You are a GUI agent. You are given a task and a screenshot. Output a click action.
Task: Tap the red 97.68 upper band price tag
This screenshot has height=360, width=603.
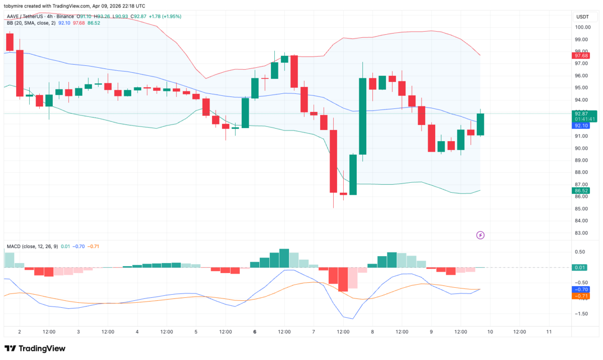581,56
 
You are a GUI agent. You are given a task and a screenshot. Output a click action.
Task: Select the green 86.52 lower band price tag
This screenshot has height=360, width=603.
581,191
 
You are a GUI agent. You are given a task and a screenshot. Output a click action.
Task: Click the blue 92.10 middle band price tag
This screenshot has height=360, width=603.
581,126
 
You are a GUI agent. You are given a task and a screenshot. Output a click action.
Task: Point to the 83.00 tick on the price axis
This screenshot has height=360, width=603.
582,233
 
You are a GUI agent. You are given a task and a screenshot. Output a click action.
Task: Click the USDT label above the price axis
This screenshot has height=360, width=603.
582,17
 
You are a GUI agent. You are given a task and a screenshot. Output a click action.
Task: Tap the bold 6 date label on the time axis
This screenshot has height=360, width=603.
255,332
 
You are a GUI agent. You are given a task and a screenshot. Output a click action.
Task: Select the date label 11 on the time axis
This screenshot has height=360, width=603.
549,332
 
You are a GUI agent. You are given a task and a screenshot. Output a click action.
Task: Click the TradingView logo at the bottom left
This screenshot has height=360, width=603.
35,348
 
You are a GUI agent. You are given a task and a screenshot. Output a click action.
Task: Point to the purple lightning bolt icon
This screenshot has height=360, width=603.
480,235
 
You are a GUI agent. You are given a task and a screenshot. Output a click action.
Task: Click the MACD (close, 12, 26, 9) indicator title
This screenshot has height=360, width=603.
32,247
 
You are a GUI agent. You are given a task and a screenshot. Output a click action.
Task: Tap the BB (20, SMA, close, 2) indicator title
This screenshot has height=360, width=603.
31,23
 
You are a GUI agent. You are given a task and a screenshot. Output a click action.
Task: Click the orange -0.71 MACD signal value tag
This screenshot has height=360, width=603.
581,296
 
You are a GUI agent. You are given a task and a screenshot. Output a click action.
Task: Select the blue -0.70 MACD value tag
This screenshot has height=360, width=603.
581,290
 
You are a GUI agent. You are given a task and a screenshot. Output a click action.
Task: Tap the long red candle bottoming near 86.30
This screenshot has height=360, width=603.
333,161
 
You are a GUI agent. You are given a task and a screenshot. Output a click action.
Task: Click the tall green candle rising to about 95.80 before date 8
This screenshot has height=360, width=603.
362,116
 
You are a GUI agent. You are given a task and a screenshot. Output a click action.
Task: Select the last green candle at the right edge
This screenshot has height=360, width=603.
480,125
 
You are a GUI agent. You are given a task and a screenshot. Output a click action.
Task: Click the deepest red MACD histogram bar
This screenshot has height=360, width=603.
343,279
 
